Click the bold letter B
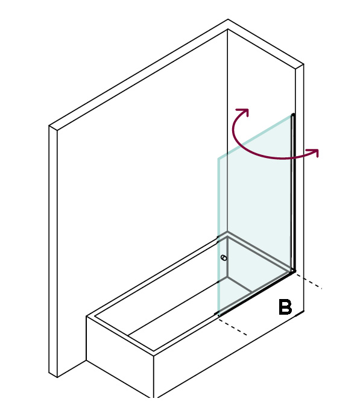285,307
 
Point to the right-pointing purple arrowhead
314,153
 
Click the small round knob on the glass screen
224,258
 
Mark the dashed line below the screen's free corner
233,326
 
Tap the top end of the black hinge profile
293,115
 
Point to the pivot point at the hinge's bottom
294,271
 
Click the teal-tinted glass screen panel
254,212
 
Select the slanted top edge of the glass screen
254,137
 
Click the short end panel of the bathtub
120,356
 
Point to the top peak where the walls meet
227,20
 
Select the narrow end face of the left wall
53,251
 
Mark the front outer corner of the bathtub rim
154,356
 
